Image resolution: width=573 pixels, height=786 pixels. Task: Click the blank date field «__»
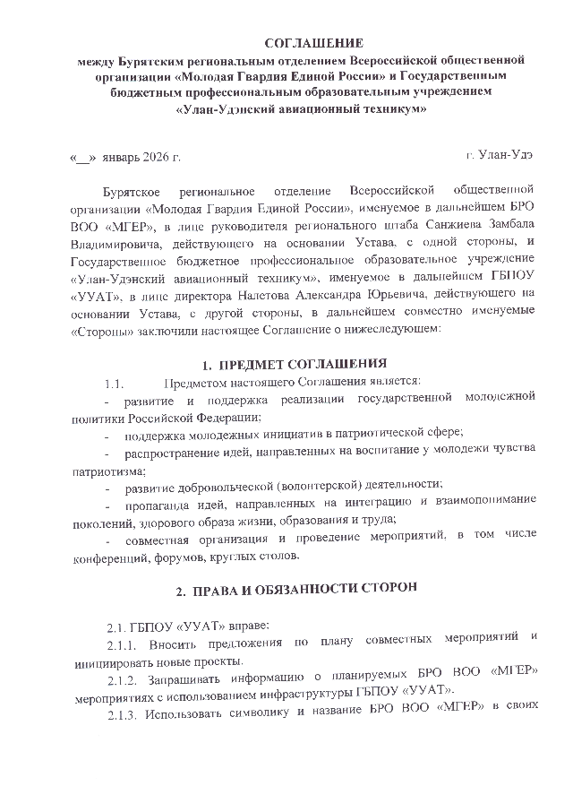point(82,158)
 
